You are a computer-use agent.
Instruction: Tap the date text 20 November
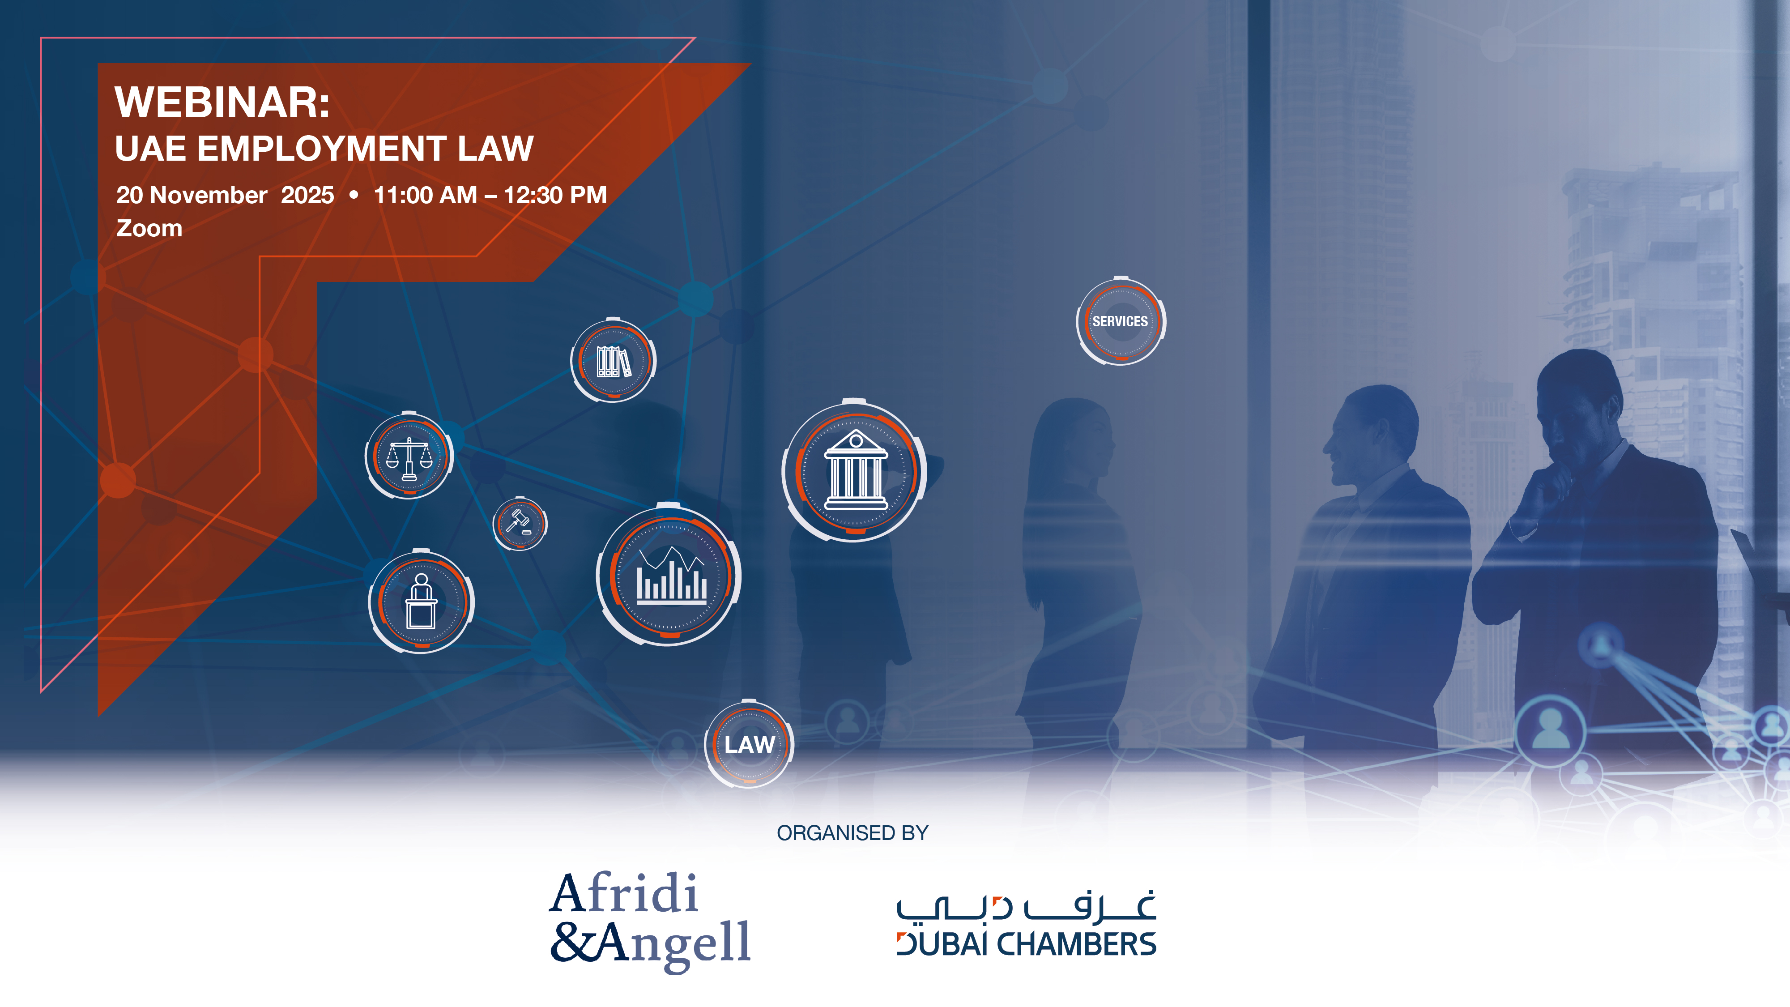coord(191,195)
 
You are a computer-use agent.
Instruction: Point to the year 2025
coord(307,195)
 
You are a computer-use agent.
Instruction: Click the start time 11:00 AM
coord(425,195)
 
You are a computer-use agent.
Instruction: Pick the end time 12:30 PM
coord(555,195)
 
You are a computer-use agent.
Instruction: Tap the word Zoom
coord(149,229)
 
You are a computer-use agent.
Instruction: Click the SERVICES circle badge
coord(1120,321)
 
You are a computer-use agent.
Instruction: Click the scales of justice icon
coord(409,457)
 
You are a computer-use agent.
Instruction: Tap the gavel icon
coord(520,523)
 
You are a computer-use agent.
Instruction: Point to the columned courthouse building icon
coord(855,470)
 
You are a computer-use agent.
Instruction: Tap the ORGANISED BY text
coord(852,832)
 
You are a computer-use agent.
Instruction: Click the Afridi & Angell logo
coord(650,920)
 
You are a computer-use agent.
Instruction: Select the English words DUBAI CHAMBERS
coord(1026,944)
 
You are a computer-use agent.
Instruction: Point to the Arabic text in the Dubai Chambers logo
coord(1026,906)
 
